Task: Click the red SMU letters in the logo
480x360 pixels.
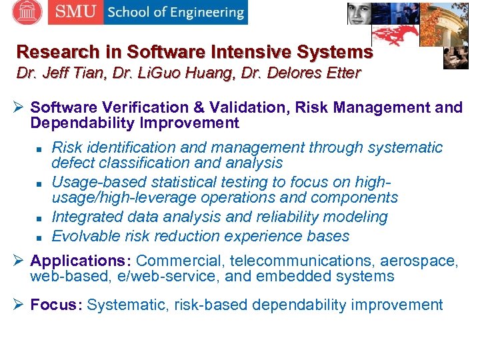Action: pyautogui.click(x=75, y=12)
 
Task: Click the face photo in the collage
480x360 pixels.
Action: pyautogui.click(x=359, y=12)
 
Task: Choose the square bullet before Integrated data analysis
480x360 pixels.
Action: pyautogui.click(x=40, y=218)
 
